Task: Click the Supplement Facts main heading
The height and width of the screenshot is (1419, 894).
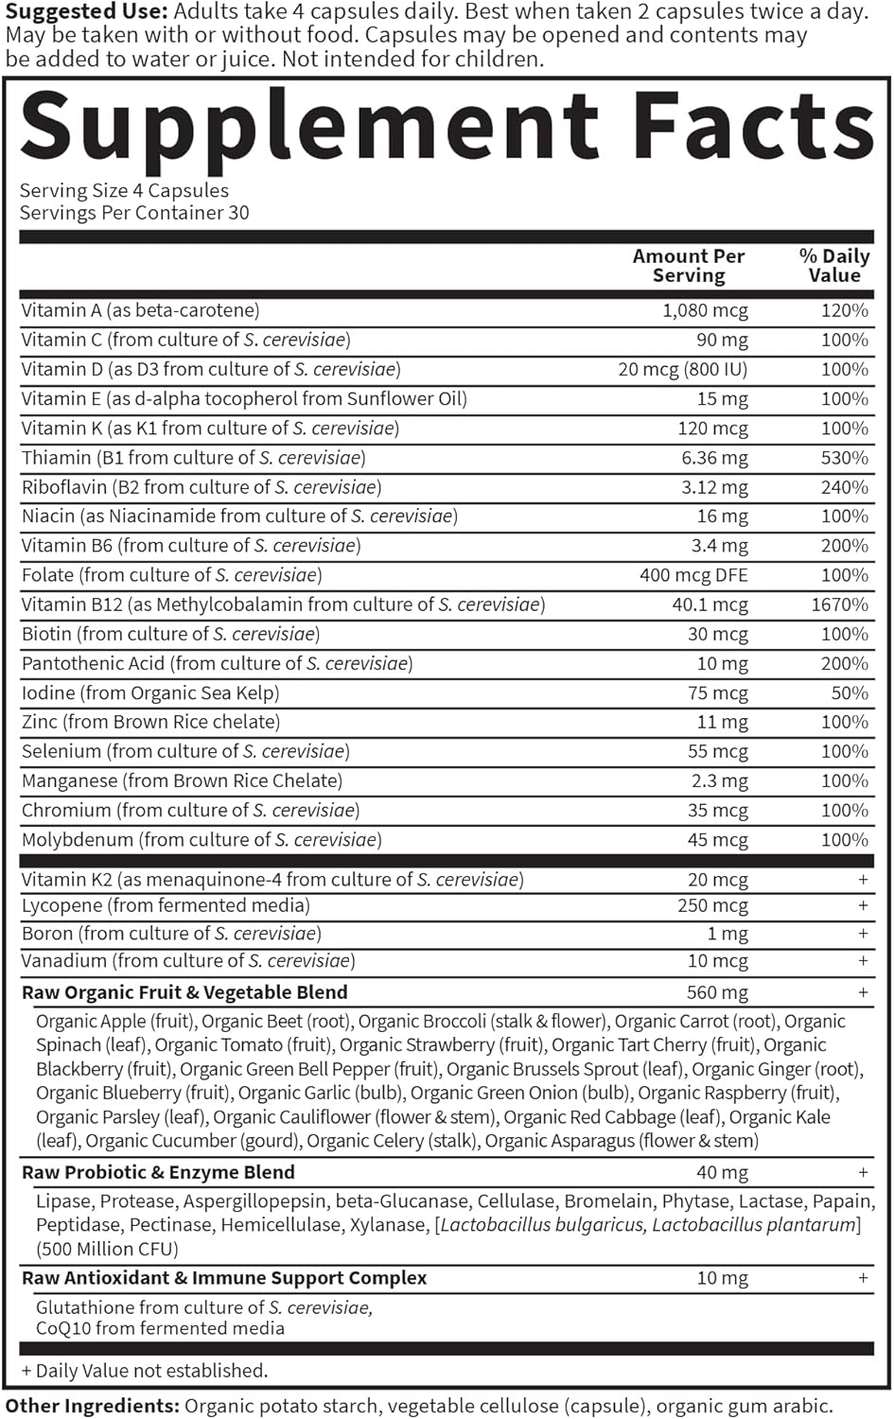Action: pos(447,126)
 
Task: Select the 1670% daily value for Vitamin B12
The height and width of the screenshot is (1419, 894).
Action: pos(839,604)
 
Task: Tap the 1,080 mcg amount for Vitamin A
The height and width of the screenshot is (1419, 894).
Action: pos(705,310)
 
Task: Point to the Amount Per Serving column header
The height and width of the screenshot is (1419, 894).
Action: pos(689,266)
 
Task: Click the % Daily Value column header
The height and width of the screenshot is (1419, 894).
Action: pos(833,266)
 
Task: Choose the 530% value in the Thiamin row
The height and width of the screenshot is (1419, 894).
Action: pos(845,458)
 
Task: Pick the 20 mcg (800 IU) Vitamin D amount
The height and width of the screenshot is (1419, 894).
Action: pos(683,369)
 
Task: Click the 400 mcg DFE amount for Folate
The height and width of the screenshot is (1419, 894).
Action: pos(693,575)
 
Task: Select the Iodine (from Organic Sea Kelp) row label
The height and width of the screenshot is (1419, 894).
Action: pos(150,692)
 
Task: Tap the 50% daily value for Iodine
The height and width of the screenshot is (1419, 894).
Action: pos(850,692)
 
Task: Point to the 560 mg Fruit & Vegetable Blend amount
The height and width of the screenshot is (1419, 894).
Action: pos(717,992)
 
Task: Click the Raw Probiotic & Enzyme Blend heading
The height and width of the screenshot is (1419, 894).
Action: pos(158,1172)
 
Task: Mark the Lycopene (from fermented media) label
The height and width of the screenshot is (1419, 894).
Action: pos(166,905)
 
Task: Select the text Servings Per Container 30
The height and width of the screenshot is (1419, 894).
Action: pos(134,213)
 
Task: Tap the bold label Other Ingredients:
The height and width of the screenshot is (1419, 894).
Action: pos(92,1406)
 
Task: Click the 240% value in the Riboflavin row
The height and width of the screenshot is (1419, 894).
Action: pos(845,487)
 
